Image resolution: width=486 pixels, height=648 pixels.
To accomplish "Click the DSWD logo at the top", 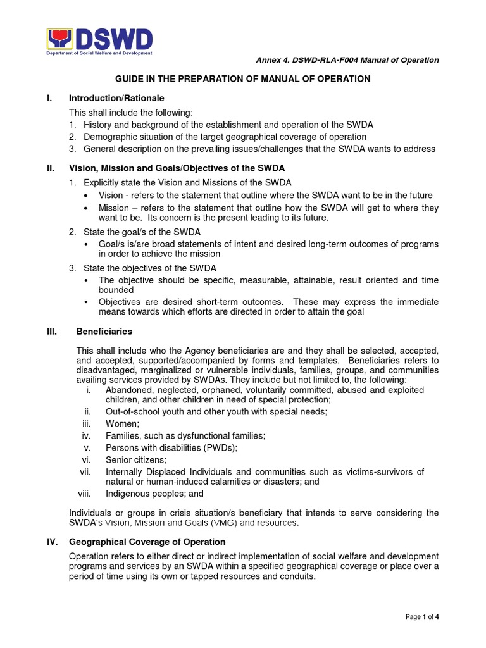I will (x=100, y=42).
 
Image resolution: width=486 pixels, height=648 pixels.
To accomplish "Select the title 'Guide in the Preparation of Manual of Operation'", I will (x=242, y=79).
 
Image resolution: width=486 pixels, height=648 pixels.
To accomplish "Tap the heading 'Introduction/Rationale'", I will (x=116, y=98).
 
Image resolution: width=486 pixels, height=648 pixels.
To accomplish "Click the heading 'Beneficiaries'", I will (x=104, y=331).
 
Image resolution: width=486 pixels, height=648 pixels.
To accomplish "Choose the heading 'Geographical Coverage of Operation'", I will (x=147, y=542).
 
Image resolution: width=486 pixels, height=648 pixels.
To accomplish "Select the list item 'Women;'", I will (x=120, y=423).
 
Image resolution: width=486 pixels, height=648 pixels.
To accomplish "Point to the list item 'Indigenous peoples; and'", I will (x=154, y=494).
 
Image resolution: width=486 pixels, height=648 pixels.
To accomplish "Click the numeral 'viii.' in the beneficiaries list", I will (x=85, y=494).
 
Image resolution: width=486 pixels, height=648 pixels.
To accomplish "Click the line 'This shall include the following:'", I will (x=130, y=112).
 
